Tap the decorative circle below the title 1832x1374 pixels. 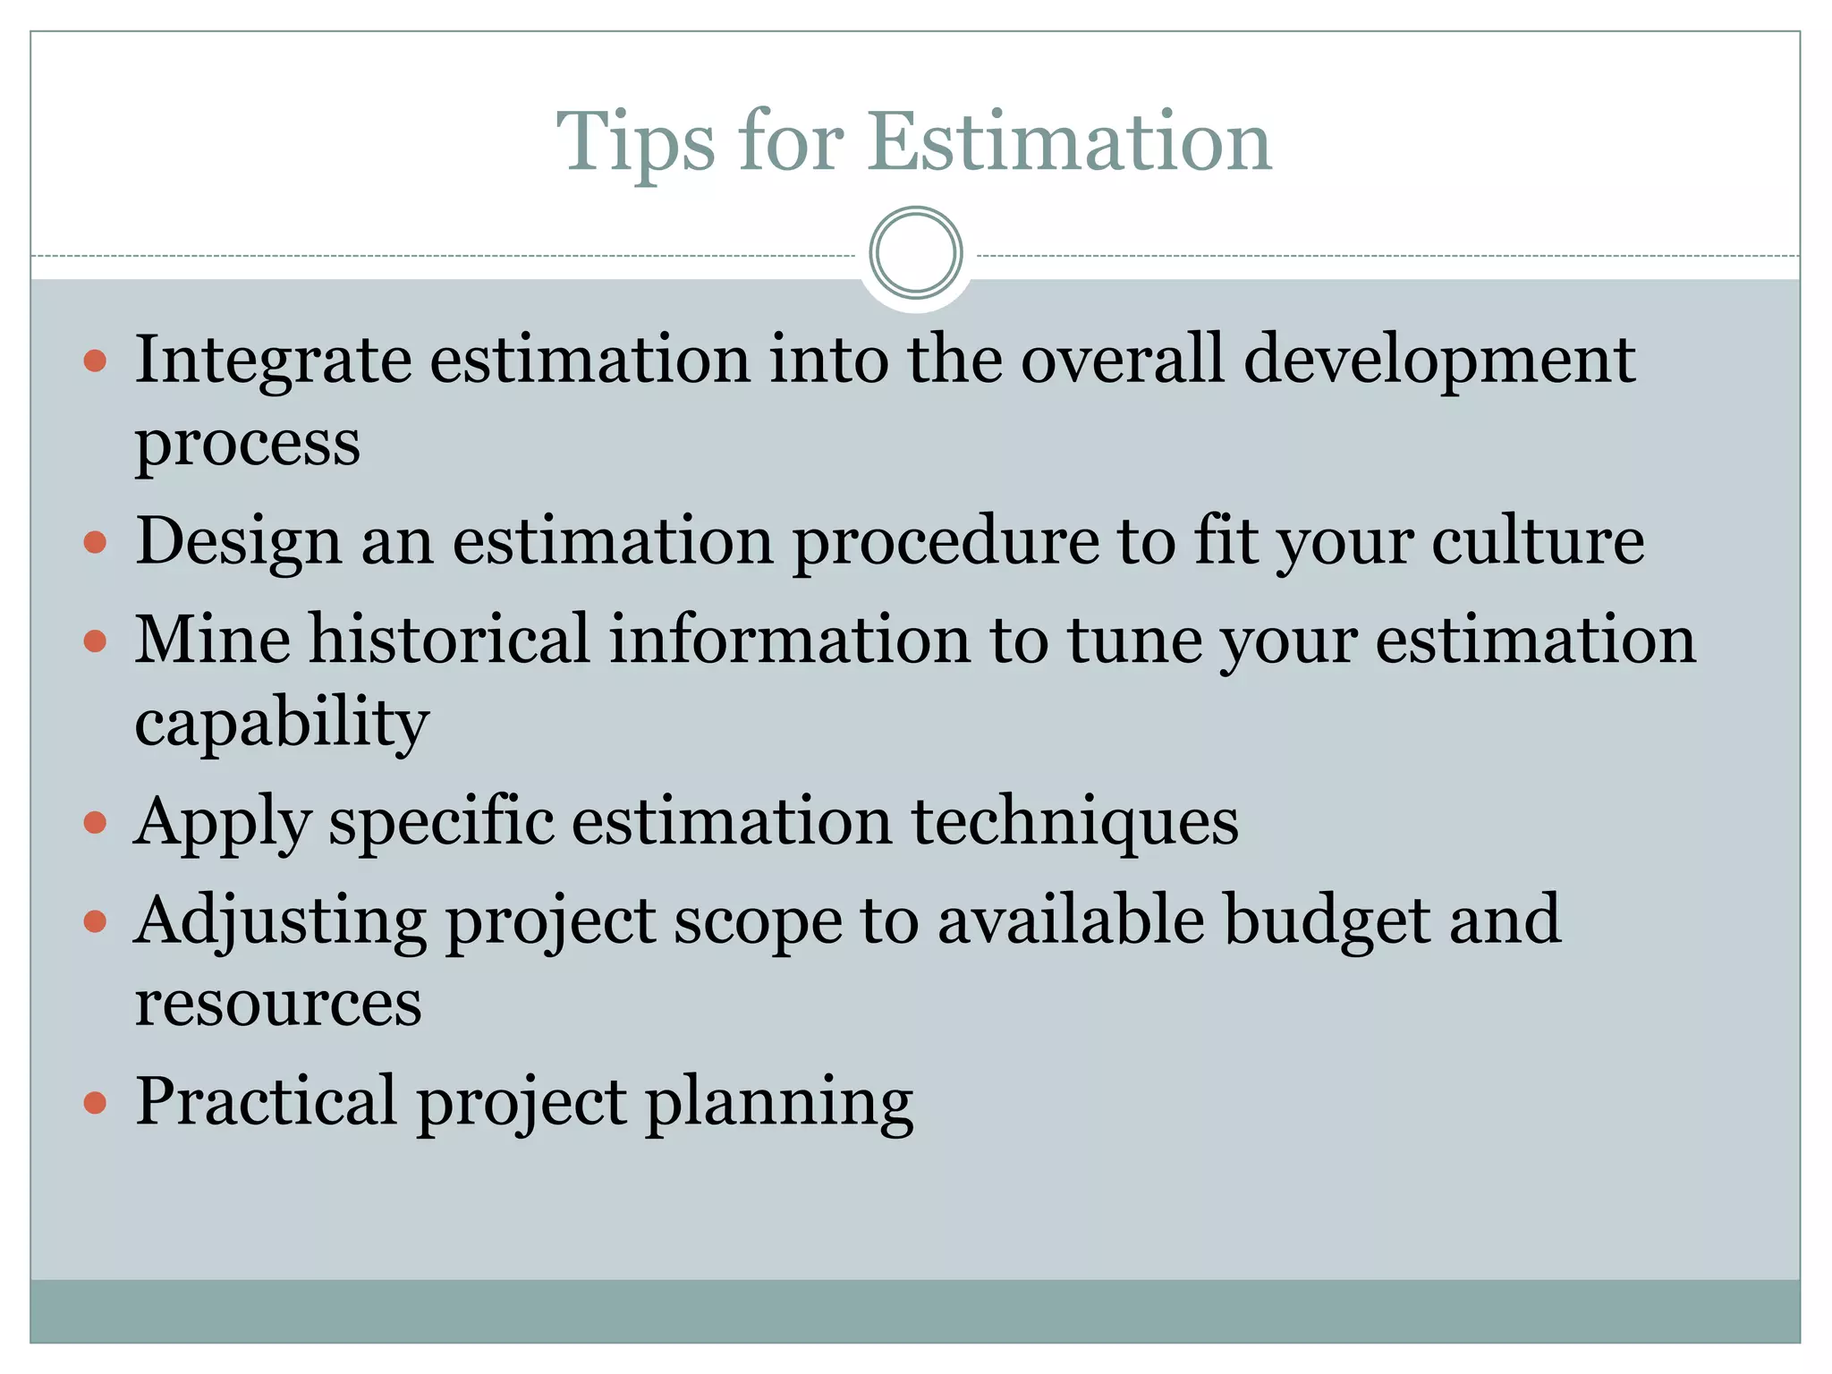tap(915, 253)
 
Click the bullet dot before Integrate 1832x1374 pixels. tap(95, 361)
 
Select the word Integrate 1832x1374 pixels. tap(273, 360)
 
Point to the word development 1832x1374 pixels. tap(1439, 360)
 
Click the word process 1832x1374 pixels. tap(248, 443)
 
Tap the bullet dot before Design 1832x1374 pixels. tap(95, 542)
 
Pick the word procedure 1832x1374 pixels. tap(946, 542)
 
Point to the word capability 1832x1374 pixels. tap(282, 723)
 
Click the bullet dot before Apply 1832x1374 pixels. tap(95, 822)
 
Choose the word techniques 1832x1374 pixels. tap(1074, 822)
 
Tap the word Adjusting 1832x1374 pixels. tap(279, 920)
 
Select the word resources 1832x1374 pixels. tap(278, 1003)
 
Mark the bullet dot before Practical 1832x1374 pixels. tap(95, 1102)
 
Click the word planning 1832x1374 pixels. tap(779, 1102)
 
